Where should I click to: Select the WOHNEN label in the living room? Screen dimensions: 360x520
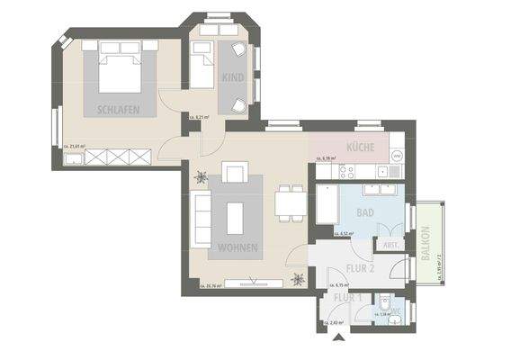[x=238, y=247]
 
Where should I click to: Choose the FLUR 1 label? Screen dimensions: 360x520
[x=346, y=298]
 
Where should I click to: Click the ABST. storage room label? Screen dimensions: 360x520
[x=391, y=245]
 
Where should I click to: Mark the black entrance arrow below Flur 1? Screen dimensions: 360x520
[x=337, y=338]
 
